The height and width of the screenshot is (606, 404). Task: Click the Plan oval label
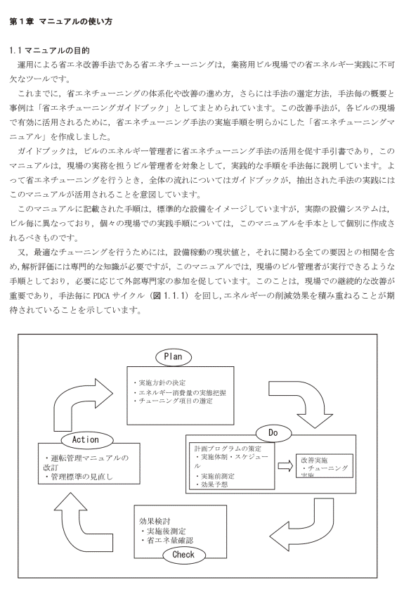click(174, 356)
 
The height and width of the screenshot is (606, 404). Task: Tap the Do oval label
click(273, 433)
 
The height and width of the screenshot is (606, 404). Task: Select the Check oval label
click(183, 555)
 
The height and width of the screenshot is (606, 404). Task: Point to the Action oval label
click(87, 440)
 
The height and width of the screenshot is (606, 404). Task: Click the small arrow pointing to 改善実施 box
click(285, 466)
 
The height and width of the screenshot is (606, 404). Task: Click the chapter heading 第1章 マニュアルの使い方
click(60, 21)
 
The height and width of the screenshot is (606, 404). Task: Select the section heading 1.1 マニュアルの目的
click(49, 50)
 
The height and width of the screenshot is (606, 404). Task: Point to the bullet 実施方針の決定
click(159, 383)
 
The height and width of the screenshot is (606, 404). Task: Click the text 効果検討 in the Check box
click(155, 521)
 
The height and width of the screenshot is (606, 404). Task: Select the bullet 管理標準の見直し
click(79, 477)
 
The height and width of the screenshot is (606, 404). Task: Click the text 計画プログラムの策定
click(228, 449)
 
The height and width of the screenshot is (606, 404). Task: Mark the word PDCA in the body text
click(103, 296)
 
